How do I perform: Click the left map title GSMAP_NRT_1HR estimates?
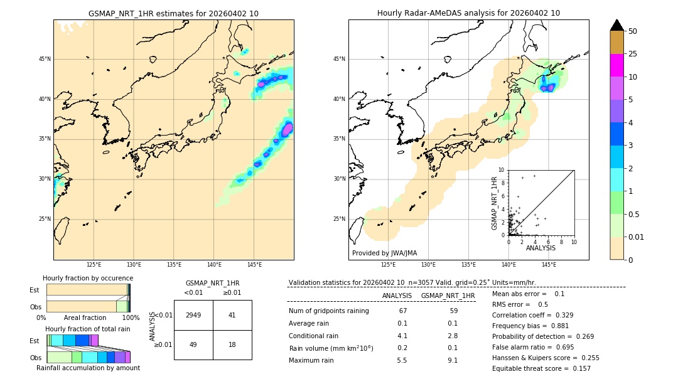tap(173, 13)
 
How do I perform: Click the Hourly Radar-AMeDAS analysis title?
tap(468, 13)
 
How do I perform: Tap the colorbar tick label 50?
tap(633, 31)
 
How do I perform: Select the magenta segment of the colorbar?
tap(616, 65)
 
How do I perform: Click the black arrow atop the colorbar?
tap(616, 25)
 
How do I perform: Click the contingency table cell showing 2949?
tap(193, 315)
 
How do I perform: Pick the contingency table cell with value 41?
tap(232, 315)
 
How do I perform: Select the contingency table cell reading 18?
tap(232, 344)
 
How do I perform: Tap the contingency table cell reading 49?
tap(193, 344)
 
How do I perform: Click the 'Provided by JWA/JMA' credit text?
tap(384, 253)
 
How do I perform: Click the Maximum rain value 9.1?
tap(452, 360)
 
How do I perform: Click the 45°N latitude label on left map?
tap(45, 59)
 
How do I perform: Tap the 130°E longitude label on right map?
tap(428, 265)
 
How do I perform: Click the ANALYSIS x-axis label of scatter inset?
tap(541, 248)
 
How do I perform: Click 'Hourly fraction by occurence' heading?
tap(88, 278)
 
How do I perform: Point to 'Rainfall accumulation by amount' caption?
tap(88, 368)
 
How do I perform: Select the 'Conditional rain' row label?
tap(315, 336)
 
